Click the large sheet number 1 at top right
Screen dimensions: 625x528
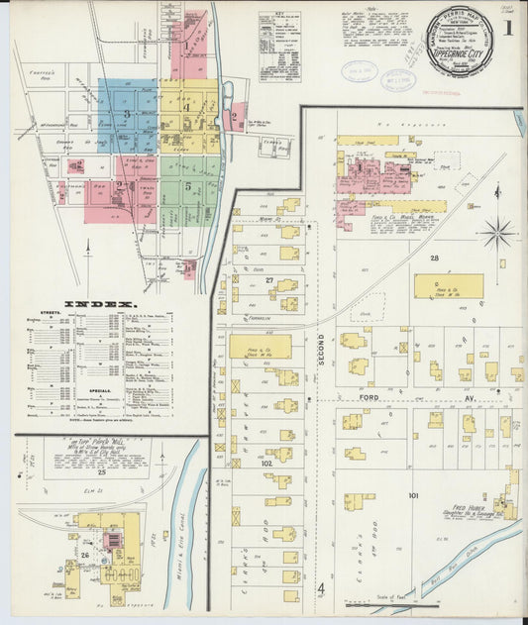tap(508, 29)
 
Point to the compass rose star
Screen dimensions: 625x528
tap(497, 234)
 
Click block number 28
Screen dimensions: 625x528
tap(434, 258)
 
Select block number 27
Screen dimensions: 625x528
tap(268, 280)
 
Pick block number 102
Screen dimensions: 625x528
tap(266, 463)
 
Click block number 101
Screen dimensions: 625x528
tap(413, 495)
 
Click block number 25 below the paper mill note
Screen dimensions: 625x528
tap(46, 472)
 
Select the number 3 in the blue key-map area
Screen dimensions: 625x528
tap(128, 114)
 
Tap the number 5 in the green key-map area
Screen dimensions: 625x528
tap(188, 184)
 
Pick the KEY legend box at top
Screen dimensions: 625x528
tap(280, 40)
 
